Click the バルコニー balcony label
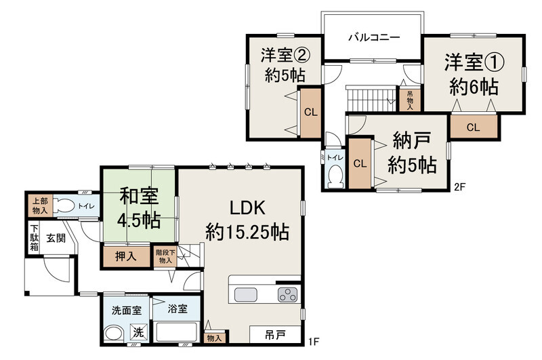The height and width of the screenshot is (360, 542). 374,37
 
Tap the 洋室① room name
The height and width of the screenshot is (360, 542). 474,62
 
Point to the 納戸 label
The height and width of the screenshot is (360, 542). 412,140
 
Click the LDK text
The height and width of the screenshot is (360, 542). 247,208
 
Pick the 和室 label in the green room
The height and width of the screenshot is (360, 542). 139,196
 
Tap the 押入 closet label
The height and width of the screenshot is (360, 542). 126,256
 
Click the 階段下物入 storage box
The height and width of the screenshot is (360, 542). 165,256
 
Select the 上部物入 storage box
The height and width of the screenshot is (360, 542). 40,205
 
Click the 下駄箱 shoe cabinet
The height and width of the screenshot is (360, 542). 34,238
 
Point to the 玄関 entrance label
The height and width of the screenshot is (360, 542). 56,238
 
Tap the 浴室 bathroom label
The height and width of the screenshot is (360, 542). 178,308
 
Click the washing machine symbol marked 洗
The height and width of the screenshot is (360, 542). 138,332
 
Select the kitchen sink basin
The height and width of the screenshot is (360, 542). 246,295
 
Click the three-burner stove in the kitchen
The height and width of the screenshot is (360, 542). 287,295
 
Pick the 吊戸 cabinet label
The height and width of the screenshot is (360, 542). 275,334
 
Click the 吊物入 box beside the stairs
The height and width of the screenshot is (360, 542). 410,100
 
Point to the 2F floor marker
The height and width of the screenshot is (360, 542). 460,186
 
